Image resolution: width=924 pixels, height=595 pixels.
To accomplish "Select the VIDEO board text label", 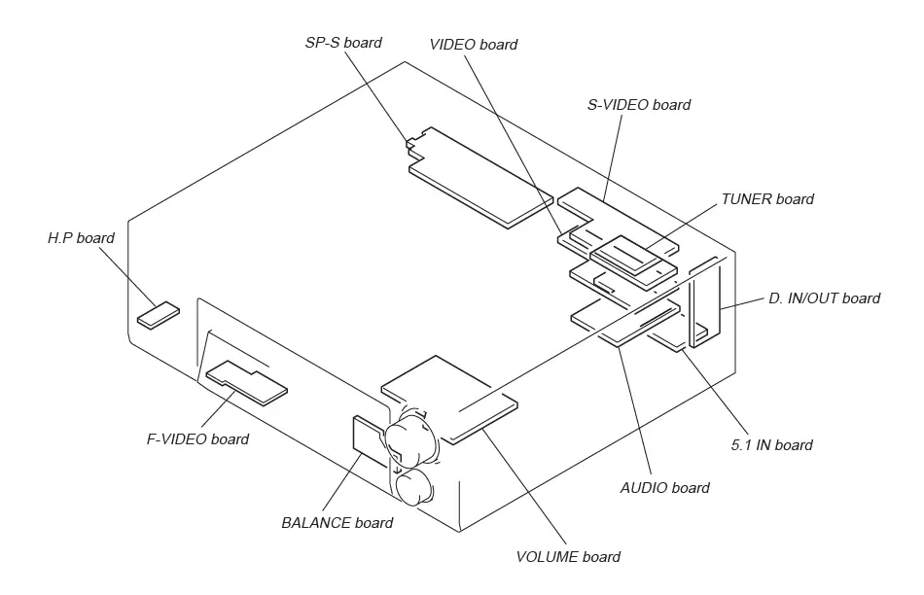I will [x=473, y=45].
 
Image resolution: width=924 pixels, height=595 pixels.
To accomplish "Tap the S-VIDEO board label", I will [x=639, y=105].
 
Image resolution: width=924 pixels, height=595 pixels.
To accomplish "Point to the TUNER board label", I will [x=767, y=199].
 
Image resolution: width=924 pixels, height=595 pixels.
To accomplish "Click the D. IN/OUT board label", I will [x=824, y=298].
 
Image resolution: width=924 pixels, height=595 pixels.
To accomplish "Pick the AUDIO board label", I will [x=664, y=487].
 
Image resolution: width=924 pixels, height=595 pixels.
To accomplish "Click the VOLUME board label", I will [x=568, y=557].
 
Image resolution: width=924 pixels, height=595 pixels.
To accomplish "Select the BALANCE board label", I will [x=337, y=523].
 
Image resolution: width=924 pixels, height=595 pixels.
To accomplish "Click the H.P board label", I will [x=81, y=238].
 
